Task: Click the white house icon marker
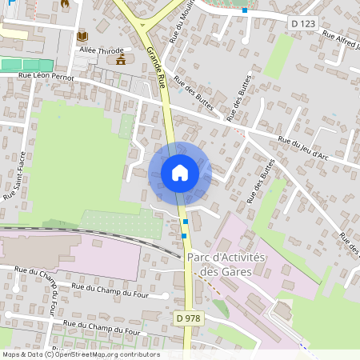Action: click(x=179, y=173)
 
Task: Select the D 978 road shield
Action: click(x=188, y=318)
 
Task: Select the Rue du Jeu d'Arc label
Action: click(x=303, y=146)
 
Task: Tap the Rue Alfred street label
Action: click(x=340, y=38)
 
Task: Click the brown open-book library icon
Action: click(x=82, y=36)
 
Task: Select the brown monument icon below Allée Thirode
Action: click(x=121, y=60)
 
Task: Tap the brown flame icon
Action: click(x=64, y=4)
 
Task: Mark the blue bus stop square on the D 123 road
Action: click(x=246, y=10)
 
